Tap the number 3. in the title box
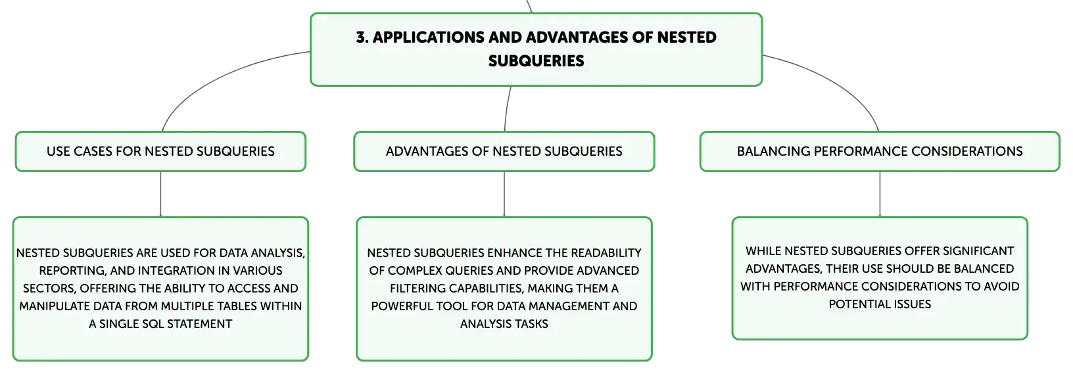(x=362, y=37)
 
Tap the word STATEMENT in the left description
(x=199, y=324)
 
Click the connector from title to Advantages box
(x=507, y=108)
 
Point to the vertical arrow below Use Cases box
(x=160, y=194)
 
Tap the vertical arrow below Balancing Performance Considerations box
(x=880, y=194)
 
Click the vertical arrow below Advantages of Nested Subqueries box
(x=504, y=194)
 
